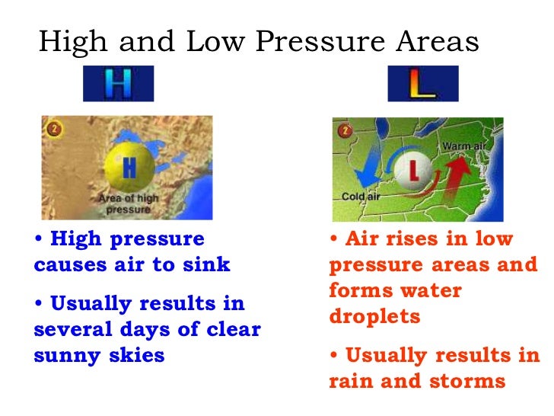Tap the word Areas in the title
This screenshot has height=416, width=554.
pos(438,42)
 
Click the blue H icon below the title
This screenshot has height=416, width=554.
pos(118,84)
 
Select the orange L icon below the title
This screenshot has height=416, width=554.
pos(422,84)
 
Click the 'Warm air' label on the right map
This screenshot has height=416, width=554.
pos(463,145)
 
